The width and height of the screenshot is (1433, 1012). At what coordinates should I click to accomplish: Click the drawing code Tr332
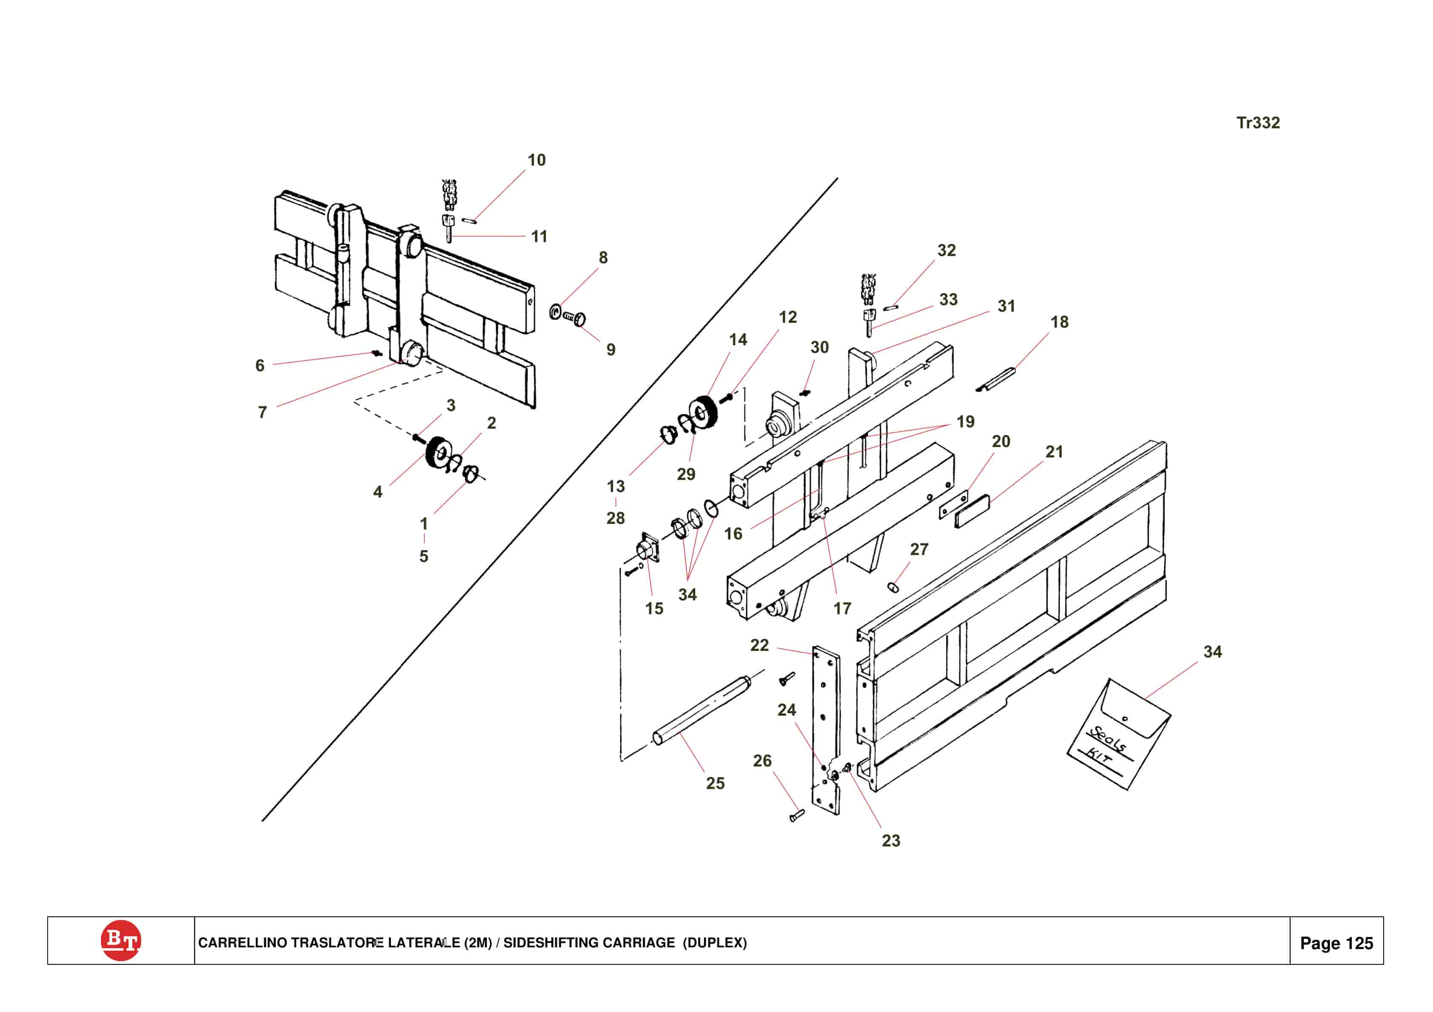1258,123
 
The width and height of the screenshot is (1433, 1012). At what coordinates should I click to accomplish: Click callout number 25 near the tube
715,784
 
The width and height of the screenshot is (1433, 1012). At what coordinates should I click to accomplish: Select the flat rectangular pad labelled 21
972,511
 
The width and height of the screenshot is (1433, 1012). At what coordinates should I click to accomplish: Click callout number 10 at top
536,160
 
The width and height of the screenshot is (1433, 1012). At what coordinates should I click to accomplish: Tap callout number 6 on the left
260,366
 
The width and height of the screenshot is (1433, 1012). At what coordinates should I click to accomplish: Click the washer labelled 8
555,311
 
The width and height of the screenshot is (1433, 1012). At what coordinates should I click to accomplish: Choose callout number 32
946,250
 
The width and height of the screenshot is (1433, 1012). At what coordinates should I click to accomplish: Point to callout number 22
759,645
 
